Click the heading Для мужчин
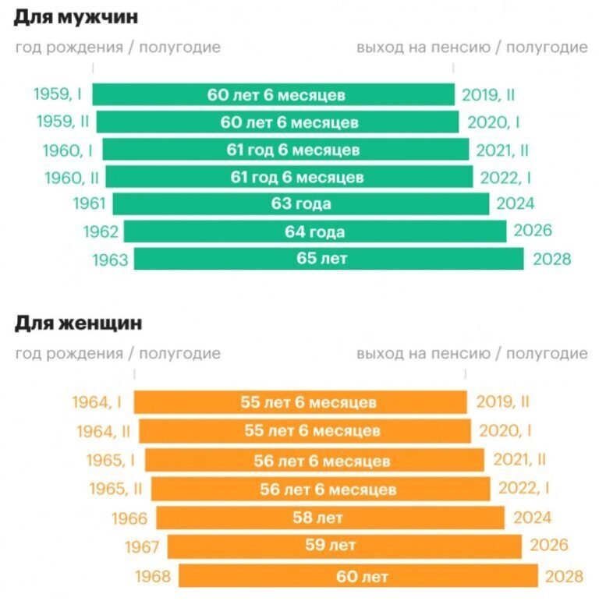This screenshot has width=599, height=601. point(70,16)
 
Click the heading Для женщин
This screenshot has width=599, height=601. point(78,322)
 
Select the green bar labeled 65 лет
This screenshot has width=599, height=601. point(328,259)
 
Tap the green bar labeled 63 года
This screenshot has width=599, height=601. point(301,204)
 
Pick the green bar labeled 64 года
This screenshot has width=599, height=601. point(314,232)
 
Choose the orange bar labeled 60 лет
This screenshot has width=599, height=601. point(358,577)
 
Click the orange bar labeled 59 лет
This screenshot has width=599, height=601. point(344,546)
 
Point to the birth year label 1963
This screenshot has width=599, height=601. point(110,260)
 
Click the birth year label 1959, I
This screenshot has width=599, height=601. point(58,94)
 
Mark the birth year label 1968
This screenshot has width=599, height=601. point(153,577)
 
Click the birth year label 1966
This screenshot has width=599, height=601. point(129,518)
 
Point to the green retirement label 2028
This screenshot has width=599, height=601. point(552,259)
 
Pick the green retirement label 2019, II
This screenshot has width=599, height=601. point(488,95)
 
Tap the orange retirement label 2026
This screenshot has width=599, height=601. point(549,546)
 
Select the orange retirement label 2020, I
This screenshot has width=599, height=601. point(505,431)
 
